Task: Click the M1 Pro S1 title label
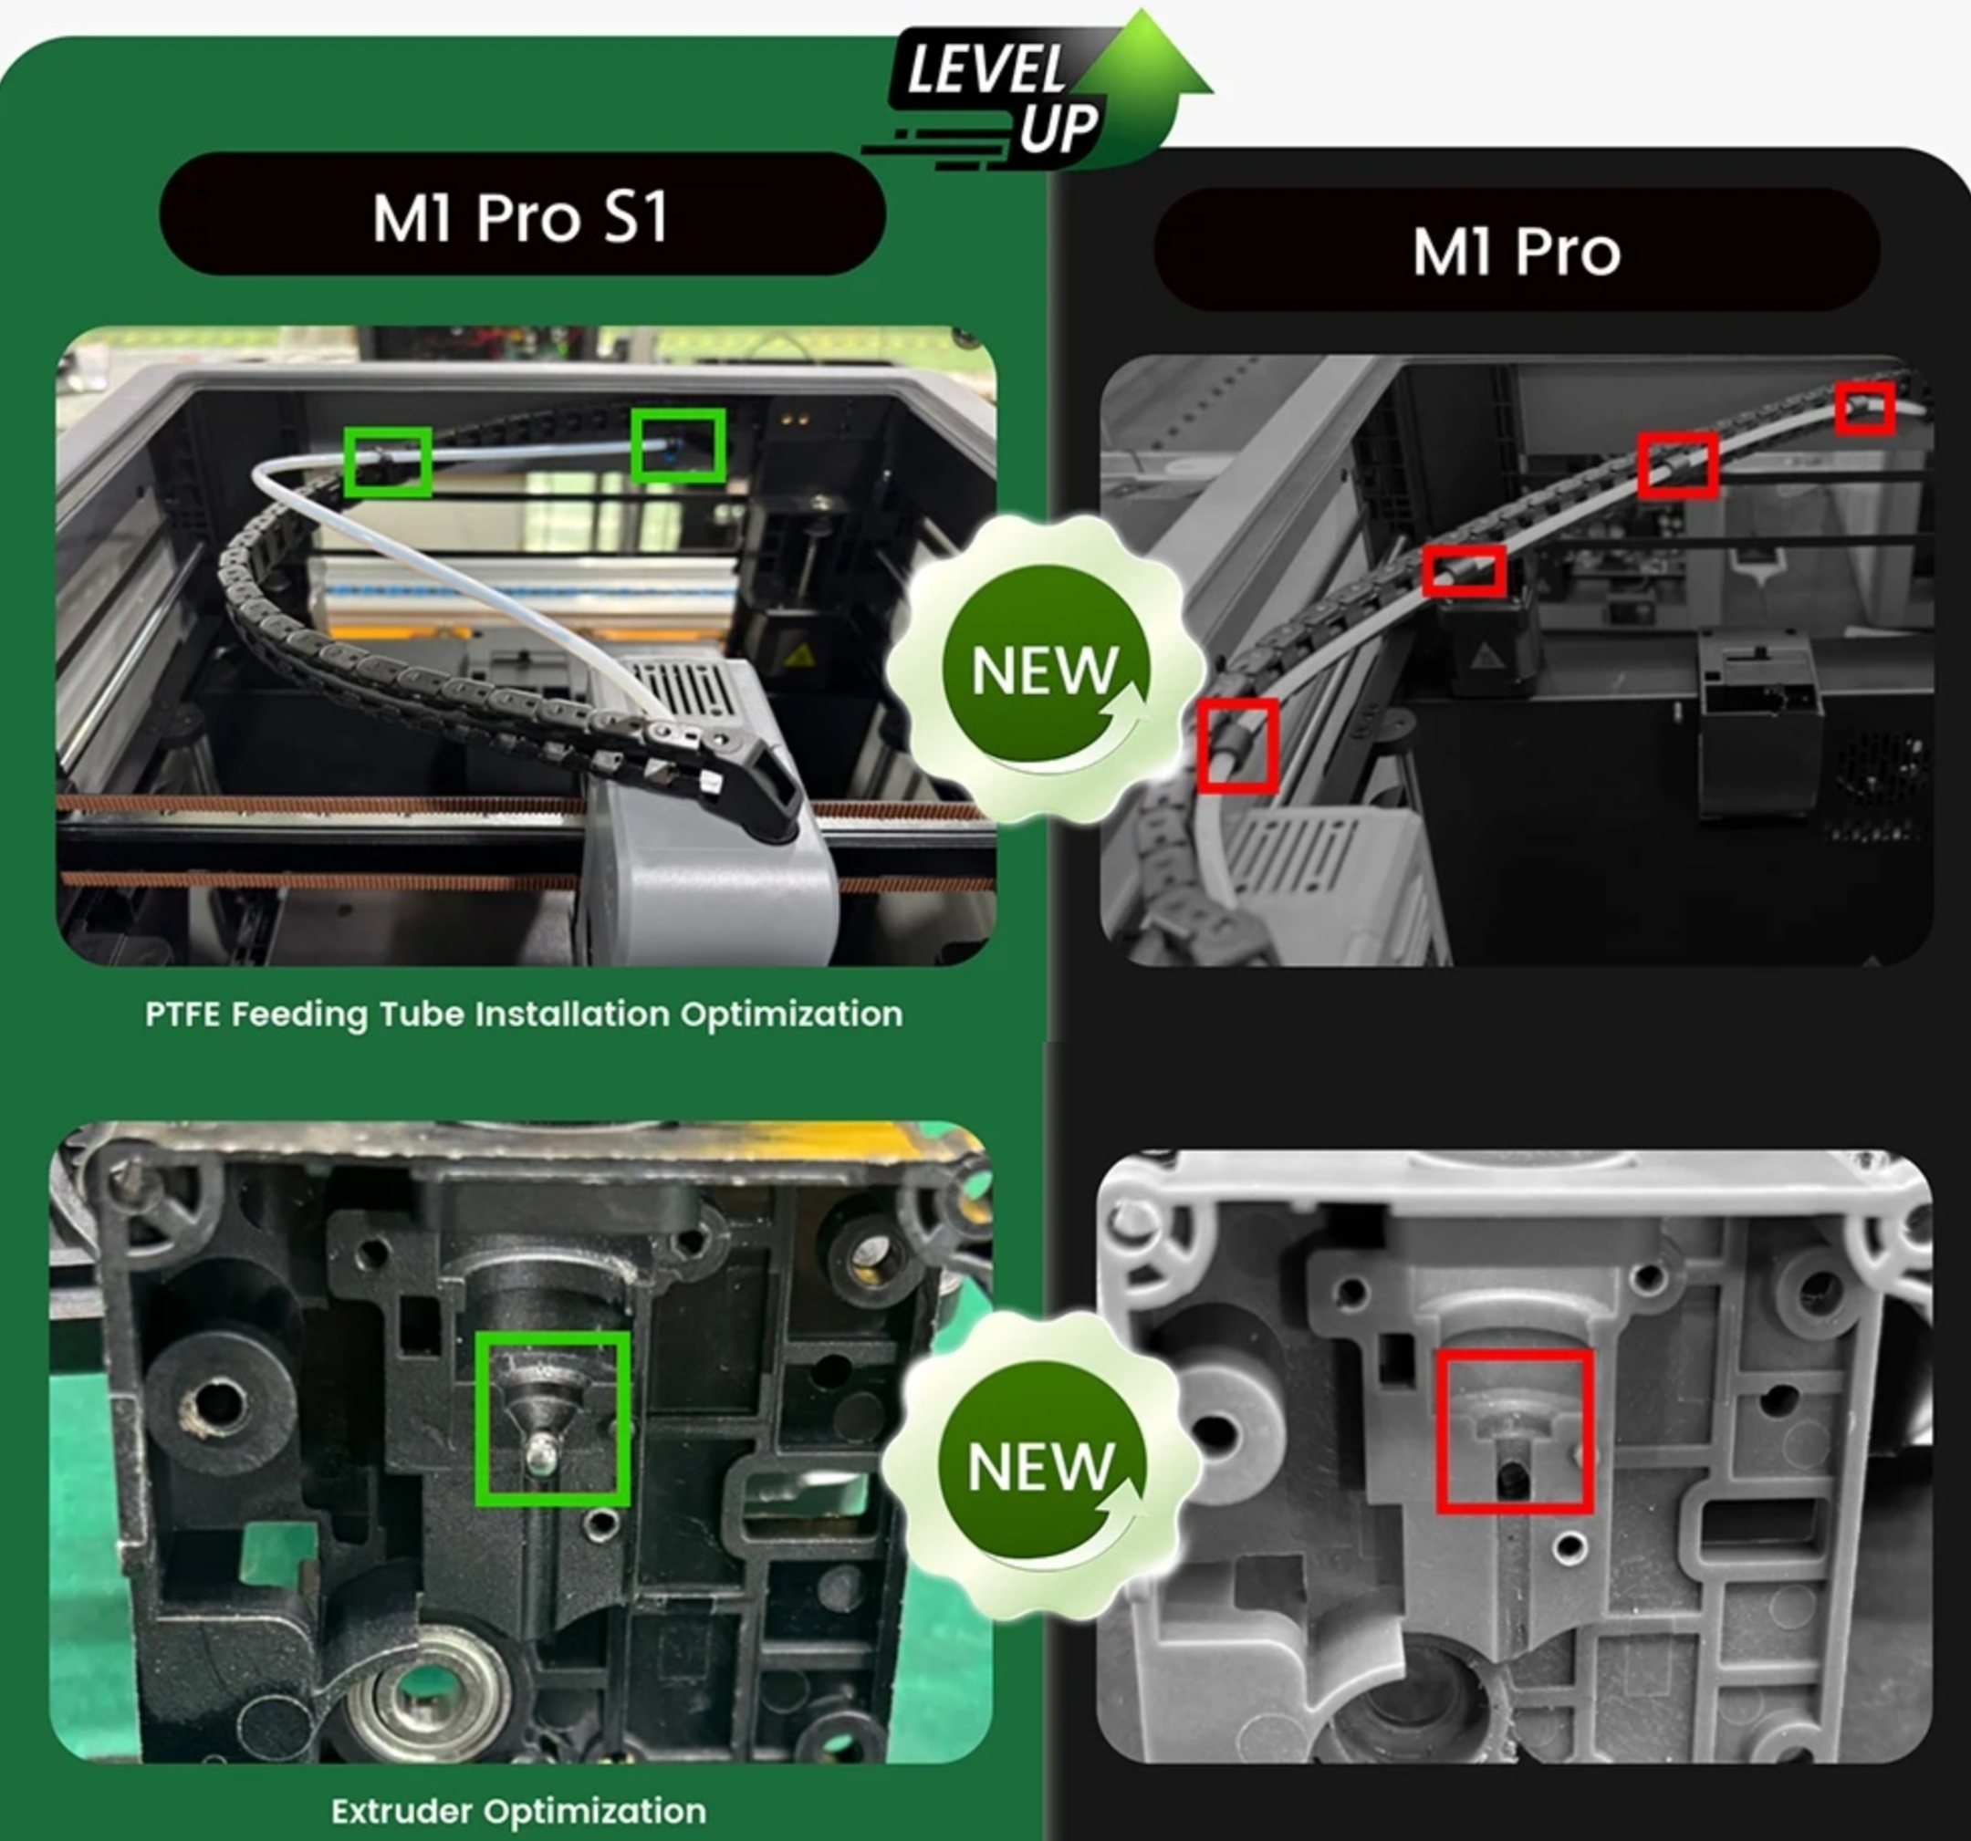(x=522, y=215)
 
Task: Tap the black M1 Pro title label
(x=1516, y=251)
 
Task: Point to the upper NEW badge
(x=1045, y=671)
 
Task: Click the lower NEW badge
(x=1041, y=1466)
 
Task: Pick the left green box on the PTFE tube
(x=388, y=461)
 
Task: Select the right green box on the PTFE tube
(x=678, y=446)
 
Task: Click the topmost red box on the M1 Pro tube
(x=1864, y=408)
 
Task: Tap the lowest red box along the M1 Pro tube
(x=1237, y=744)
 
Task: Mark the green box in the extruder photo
(x=552, y=1419)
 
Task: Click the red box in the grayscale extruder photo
(x=1515, y=1430)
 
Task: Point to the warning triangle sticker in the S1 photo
(x=800, y=655)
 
